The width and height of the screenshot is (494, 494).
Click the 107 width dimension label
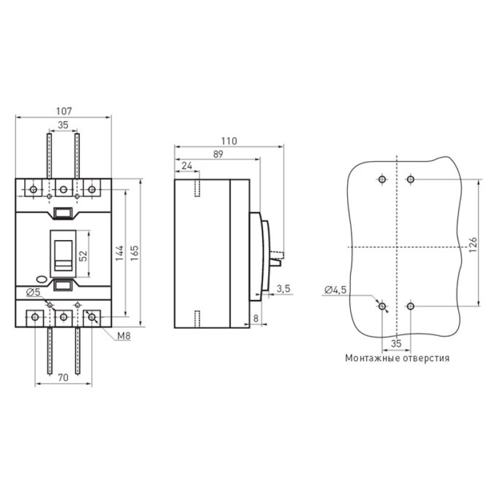click(x=64, y=111)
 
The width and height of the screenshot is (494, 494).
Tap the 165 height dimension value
click(x=134, y=253)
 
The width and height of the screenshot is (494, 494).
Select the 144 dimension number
click(x=119, y=253)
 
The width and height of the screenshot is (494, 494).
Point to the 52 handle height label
click(x=83, y=256)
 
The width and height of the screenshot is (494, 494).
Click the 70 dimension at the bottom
click(x=63, y=377)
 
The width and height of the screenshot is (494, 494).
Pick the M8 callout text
click(x=124, y=336)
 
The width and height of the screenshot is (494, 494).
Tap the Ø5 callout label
click(x=34, y=292)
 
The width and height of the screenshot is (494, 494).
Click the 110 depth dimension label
click(x=228, y=141)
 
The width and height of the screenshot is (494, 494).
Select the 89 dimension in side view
click(x=218, y=154)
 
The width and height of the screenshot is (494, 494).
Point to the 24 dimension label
click(x=187, y=165)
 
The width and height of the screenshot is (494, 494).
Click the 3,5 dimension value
click(x=283, y=288)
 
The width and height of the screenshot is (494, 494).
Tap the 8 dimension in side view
click(x=256, y=319)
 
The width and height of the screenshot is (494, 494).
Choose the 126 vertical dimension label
click(x=473, y=245)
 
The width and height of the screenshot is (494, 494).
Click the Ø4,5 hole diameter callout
click(x=335, y=290)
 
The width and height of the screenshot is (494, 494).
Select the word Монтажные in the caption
click(x=369, y=358)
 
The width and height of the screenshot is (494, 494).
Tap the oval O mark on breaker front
click(x=41, y=280)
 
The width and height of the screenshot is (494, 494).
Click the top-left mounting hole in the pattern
click(x=382, y=180)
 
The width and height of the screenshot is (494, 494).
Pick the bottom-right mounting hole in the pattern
click(x=410, y=306)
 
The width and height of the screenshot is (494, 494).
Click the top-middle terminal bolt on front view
click(x=64, y=190)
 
